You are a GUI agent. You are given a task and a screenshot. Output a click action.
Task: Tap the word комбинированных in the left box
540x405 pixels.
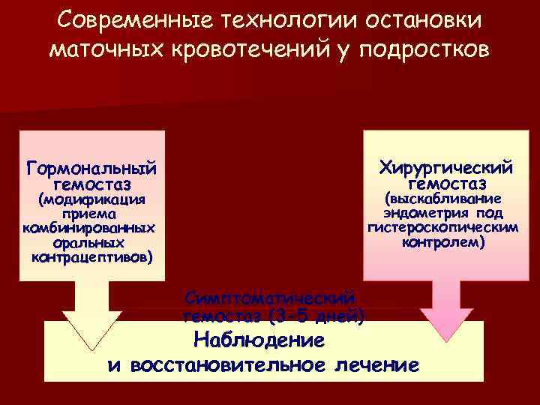coord(89,228)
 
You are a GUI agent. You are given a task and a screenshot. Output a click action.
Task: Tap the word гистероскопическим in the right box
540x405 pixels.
coord(443,228)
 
